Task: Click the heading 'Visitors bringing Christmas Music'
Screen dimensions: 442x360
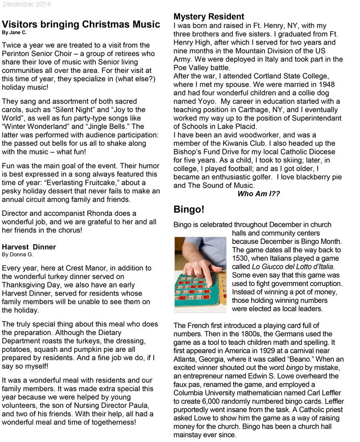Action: click(81, 24)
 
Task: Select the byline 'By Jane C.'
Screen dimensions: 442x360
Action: click(15, 33)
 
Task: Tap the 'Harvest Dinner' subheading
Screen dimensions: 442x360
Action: click(29, 247)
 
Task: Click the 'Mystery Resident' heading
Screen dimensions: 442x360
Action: click(209, 17)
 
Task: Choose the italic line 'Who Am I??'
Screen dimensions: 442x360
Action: click(258, 194)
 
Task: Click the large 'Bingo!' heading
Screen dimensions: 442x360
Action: click(189, 209)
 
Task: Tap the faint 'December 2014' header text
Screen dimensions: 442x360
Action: click(25, 4)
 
